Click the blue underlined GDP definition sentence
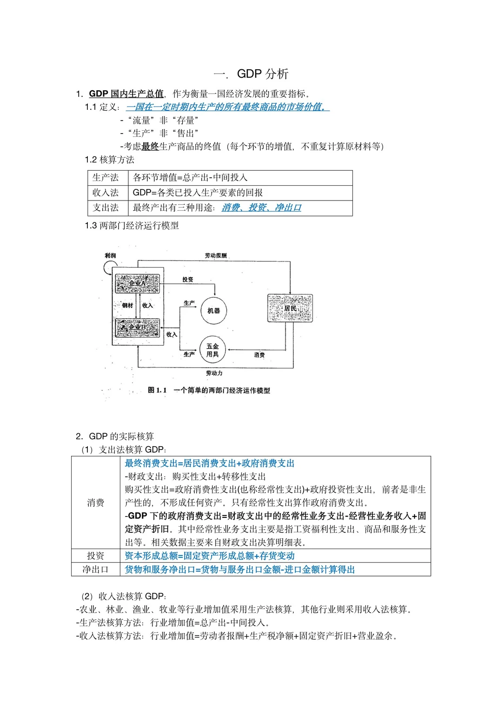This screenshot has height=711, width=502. pos(227,107)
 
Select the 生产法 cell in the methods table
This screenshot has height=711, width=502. pos(106,178)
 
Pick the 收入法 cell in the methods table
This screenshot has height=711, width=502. pos(106,193)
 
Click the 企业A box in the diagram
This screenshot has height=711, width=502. pos(138,283)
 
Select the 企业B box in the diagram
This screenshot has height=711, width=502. pos(138,327)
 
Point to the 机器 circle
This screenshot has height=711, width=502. pos(214,310)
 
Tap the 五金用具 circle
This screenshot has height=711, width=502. pos(212,350)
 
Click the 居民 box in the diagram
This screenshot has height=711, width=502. pos(290,308)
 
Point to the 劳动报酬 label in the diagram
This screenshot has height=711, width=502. pos(216,255)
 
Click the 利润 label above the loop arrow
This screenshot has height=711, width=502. pos(110,255)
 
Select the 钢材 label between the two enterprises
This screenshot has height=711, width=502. pos(127,305)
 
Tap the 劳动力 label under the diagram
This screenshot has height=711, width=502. pos(214,373)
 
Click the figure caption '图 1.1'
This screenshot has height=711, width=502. pos(157,390)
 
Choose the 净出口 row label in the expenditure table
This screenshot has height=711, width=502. pos(95,570)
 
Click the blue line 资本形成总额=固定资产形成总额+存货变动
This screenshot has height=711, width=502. pos(210,556)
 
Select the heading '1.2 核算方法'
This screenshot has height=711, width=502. pos(110,160)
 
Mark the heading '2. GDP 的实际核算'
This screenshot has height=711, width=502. pos(115,436)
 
